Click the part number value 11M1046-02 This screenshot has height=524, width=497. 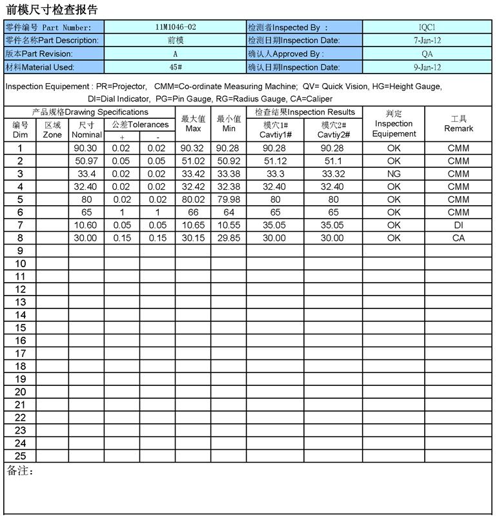point(175,27)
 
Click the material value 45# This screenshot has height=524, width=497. point(175,67)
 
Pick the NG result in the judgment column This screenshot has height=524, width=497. point(394,174)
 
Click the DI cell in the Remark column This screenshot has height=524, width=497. point(458,225)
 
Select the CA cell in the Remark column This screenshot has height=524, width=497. point(458,238)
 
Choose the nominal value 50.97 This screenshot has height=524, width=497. point(86,161)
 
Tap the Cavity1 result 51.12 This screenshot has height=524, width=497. point(275,161)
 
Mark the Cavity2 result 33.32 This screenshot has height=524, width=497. point(333,174)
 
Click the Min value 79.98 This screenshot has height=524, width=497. point(228,199)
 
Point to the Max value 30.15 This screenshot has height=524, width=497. point(193,238)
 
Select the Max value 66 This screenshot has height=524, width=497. point(193,212)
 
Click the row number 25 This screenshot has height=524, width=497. point(20,456)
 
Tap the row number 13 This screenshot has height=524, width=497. point(20,302)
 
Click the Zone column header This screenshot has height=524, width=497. point(52,130)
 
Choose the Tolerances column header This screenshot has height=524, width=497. point(140,125)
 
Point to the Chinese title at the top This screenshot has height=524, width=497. point(52,10)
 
